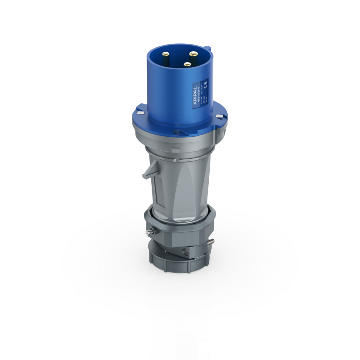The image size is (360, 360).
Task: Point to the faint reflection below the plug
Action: pos(180,324)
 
